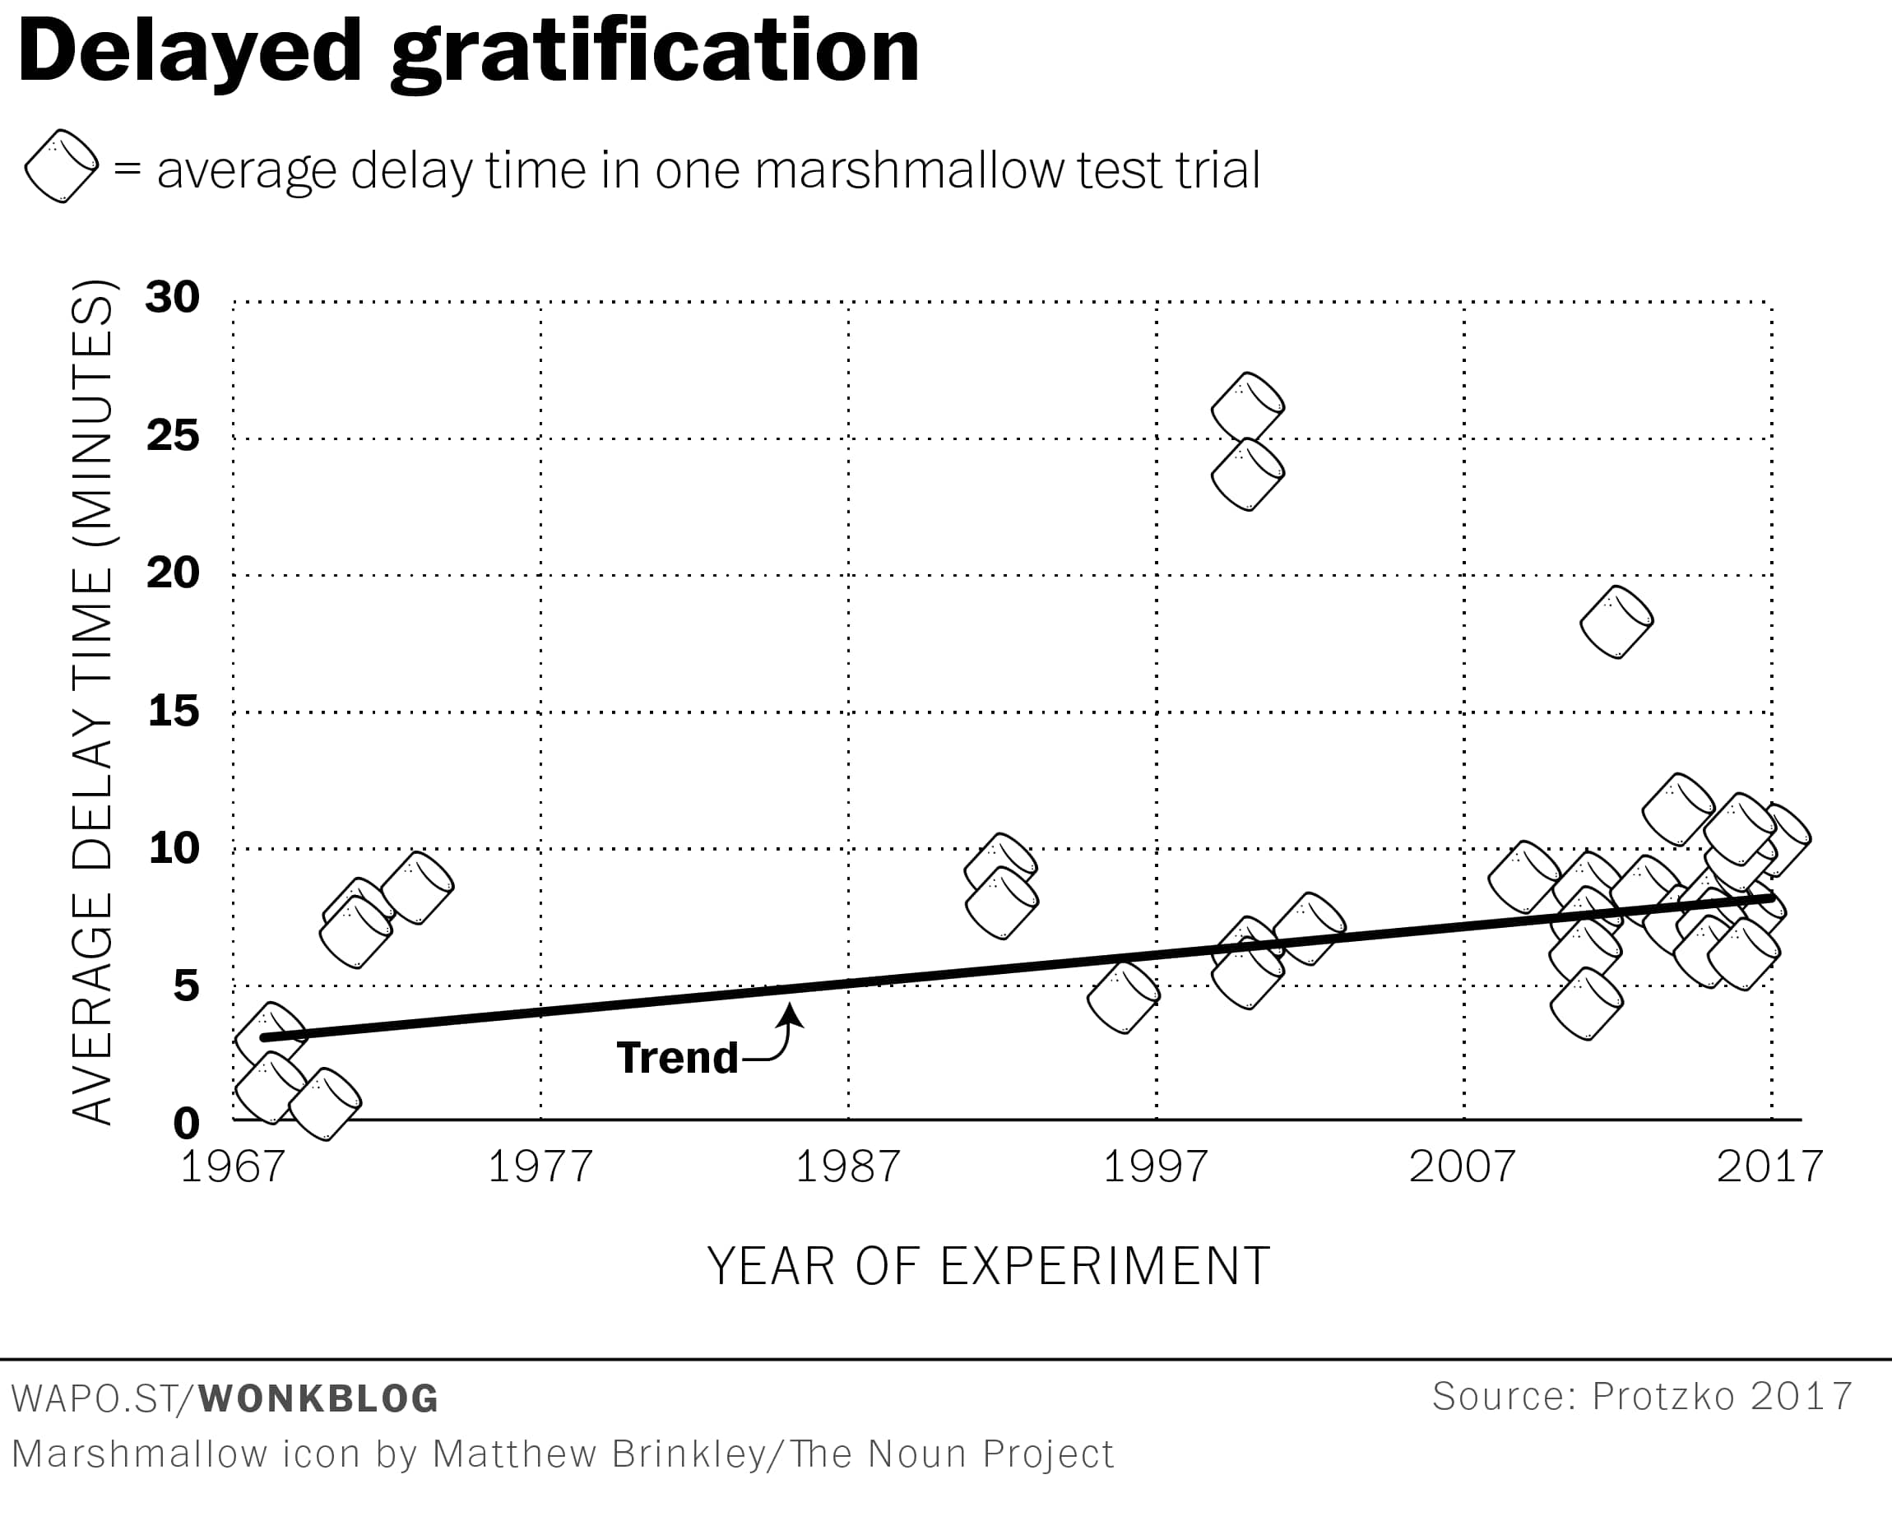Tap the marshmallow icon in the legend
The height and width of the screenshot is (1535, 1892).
(61, 166)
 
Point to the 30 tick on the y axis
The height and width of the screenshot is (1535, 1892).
(174, 297)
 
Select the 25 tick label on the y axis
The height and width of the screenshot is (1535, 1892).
(174, 435)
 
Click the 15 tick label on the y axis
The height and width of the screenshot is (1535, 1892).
(174, 710)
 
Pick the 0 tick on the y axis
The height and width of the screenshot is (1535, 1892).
(187, 1123)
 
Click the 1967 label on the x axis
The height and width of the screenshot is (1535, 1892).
(233, 1166)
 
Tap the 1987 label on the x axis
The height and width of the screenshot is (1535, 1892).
(848, 1166)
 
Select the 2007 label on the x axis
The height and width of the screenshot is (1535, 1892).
(1463, 1166)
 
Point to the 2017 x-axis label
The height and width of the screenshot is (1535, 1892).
(1770, 1166)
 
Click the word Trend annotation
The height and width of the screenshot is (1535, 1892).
(677, 1058)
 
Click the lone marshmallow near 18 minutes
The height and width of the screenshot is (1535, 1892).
(1616, 622)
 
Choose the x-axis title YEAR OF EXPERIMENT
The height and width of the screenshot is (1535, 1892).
(989, 1266)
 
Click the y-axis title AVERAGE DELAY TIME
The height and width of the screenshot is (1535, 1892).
(92, 703)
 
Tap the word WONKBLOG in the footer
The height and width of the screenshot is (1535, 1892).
(318, 1398)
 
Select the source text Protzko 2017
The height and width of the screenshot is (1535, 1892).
(1722, 1396)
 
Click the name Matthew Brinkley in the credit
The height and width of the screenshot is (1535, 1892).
(599, 1454)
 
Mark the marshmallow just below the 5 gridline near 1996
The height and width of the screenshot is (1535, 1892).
(1123, 997)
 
